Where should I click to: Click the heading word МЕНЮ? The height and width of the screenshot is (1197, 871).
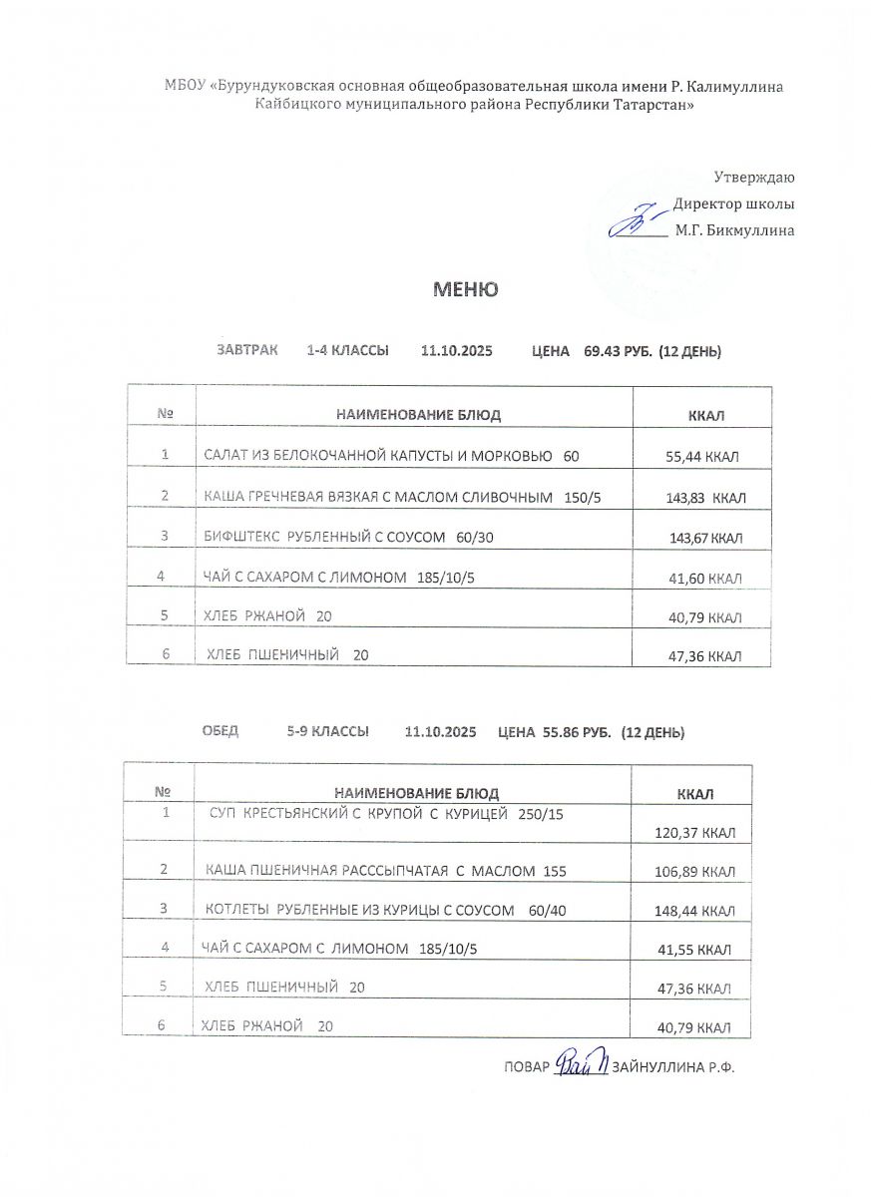click(x=464, y=289)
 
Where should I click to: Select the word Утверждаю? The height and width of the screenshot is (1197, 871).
click(x=754, y=178)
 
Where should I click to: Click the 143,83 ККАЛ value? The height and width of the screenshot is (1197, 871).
click(x=705, y=498)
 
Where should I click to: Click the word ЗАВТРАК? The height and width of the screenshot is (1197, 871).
click(x=247, y=350)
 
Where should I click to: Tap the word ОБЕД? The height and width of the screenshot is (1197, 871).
click(x=219, y=731)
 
